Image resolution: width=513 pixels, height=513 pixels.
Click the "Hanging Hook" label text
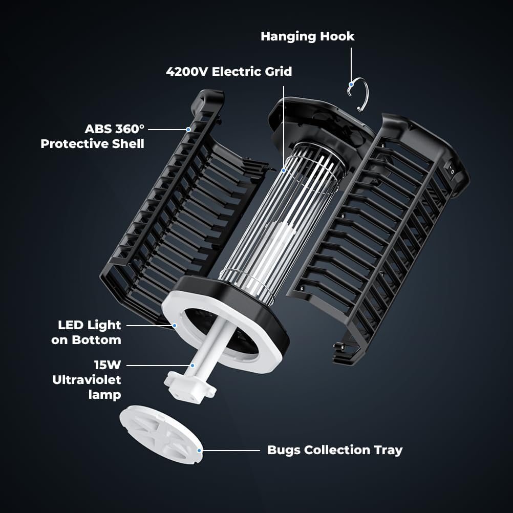[x=307, y=36]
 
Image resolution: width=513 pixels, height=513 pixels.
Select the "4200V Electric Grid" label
[x=229, y=71]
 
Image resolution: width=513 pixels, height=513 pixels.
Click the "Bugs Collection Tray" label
[x=335, y=450]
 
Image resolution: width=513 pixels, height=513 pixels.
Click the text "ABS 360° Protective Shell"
[x=92, y=136]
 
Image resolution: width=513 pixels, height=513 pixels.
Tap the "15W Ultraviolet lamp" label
[x=87, y=380]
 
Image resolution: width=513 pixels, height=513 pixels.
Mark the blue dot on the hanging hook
[x=351, y=84]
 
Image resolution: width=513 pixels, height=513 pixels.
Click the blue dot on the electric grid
[x=284, y=169]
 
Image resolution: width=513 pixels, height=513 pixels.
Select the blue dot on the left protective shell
[x=188, y=130]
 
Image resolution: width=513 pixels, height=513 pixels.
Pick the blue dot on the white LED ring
[x=175, y=325]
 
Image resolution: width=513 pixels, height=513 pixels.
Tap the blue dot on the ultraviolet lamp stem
[x=193, y=366]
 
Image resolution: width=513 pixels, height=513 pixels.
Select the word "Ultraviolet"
[x=87, y=380]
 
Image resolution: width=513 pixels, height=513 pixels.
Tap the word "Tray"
[x=390, y=450]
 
